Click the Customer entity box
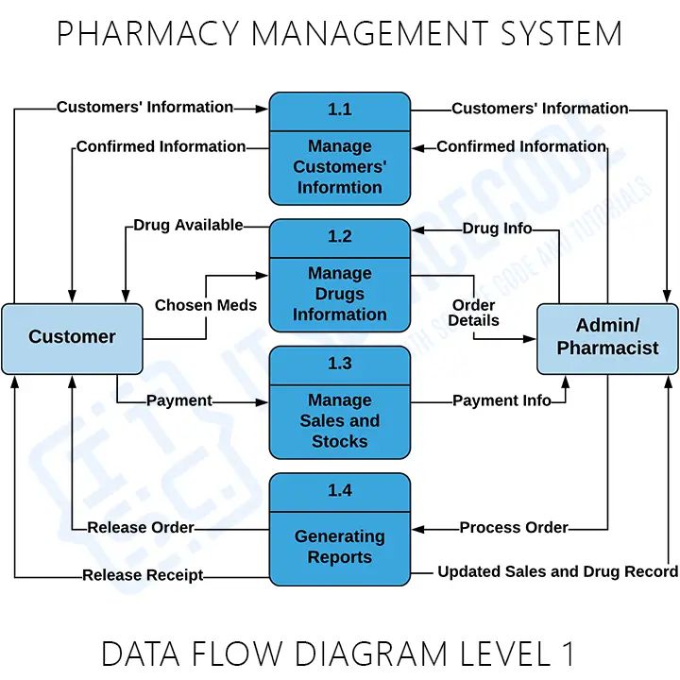[x=72, y=337]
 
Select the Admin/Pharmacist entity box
[x=607, y=337]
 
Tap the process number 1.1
[x=340, y=110]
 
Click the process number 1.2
[x=340, y=237]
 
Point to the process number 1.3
[x=340, y=364]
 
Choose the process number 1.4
[x=340, y=490]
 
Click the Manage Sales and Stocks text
[x=340, y=420]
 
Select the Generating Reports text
[x=340, y=547]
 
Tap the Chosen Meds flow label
[x=206, y=305]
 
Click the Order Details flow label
[x=473, y=313]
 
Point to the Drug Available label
[x=188, y=226]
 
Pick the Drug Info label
[x=497, y=229]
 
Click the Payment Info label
[x=501, y=400]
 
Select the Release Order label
[x=141, y=527]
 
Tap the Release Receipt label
[x=143, y=574]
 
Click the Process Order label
[x=514, y=527]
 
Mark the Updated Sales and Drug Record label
[x=557, y=571]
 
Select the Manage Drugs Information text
[x=340, y=294]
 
